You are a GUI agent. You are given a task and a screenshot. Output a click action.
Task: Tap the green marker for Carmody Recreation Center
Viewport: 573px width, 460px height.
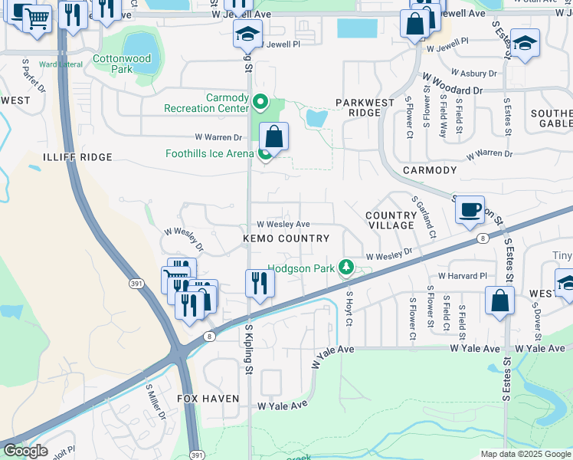[260, 101]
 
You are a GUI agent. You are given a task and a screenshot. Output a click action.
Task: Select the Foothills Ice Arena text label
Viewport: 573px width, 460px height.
[209, 153]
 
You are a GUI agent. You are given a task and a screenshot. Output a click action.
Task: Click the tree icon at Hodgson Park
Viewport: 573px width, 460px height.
[346, 266]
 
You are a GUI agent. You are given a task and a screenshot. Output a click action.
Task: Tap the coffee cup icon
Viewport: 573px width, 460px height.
[470, 209]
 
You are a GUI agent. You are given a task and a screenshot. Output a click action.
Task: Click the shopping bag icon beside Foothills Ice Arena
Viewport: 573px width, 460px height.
[273, 138]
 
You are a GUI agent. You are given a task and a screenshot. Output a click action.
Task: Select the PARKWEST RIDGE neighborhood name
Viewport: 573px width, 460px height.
[365, 107]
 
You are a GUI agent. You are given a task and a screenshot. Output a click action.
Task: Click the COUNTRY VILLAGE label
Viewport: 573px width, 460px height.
[390, 221]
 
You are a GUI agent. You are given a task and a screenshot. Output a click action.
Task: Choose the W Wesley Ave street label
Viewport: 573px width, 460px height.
[283, 225]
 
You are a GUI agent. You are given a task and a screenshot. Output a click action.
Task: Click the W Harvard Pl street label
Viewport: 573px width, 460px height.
[462, 276]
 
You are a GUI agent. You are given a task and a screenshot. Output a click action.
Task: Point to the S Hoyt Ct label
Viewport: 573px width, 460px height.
[349, 308]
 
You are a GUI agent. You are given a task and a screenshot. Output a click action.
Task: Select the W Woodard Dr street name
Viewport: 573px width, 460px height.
[452, 84]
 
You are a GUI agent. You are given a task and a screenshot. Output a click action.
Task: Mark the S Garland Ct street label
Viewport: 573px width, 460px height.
[424, 215]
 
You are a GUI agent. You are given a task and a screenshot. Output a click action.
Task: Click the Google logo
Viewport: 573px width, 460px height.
[25, 451]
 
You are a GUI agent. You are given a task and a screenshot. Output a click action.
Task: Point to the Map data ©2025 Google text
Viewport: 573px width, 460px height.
[525, 454]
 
